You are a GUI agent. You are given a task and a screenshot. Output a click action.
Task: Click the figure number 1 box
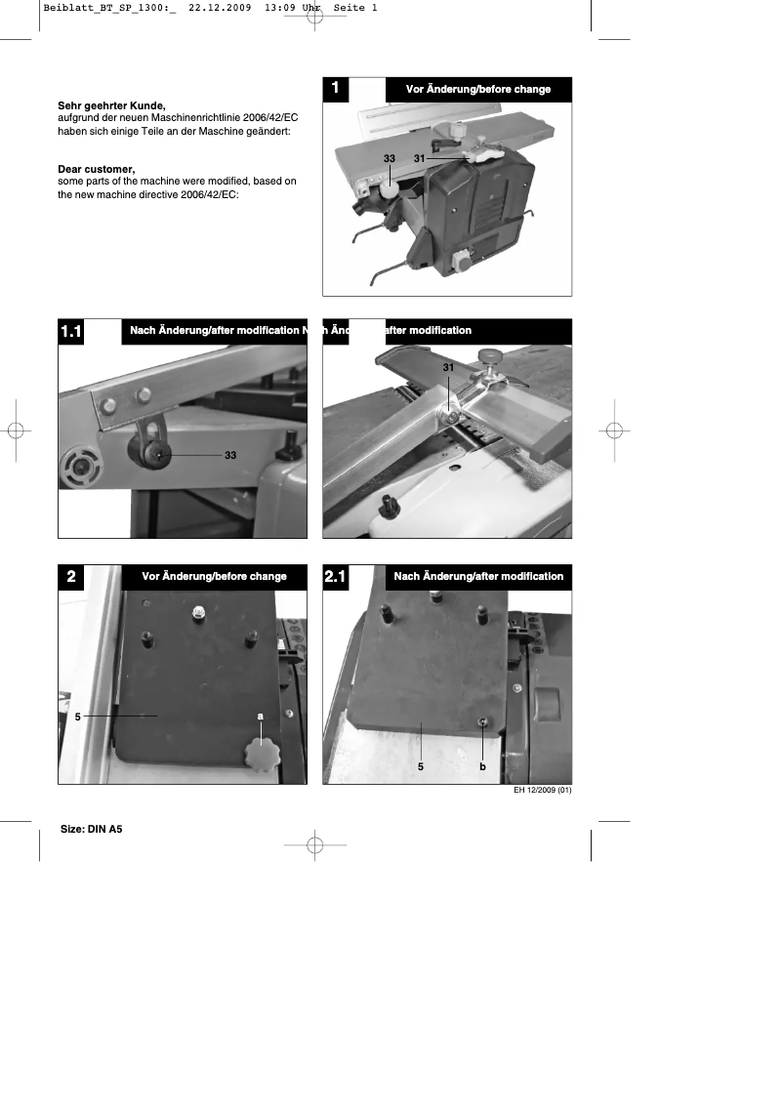click(335, 89)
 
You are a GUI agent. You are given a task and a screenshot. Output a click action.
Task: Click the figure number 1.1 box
click(71, 333)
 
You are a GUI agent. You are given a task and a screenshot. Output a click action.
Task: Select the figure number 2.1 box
click(335, 577)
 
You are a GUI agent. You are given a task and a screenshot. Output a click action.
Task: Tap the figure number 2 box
click(71, 577)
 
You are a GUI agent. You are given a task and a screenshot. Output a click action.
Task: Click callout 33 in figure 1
click(389, 157)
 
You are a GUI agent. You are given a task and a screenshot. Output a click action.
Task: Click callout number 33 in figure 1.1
click(230, 455)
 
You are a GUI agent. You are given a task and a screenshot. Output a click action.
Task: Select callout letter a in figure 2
click(261, 716)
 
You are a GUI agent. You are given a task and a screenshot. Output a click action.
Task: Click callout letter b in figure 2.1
click(482, 767)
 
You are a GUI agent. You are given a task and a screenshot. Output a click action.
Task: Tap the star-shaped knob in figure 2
click(262, 754)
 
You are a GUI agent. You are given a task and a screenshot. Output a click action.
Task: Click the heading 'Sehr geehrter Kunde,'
click(111, 104)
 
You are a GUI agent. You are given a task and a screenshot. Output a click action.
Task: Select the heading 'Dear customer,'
click(96, 169)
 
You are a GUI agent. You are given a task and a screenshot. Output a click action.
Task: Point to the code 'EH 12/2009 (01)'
click(542, 791)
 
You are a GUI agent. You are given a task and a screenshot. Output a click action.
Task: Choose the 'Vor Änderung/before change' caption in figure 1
click(477, 89)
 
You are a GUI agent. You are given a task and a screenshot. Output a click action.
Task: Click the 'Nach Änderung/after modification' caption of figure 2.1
click(478, 576)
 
